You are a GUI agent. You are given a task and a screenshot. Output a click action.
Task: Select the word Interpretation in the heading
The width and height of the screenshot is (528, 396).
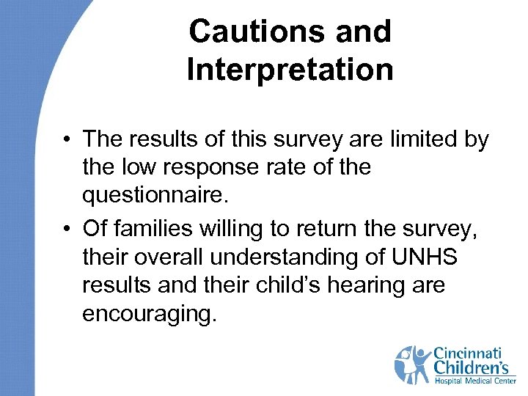[x=290, y=70]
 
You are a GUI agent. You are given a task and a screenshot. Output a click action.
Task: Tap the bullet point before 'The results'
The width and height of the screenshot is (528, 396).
[x=67, y=139]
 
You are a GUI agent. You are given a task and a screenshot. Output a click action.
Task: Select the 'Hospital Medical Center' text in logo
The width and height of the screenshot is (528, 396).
[x=474, y=381]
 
